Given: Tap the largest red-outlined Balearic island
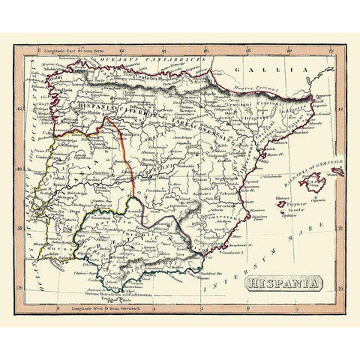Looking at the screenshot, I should pos(308,182).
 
